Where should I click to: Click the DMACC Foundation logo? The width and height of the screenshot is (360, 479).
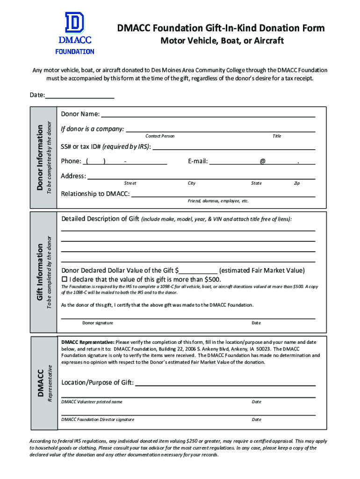coord(75,33)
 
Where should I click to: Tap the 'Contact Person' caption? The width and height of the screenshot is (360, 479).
coord(160,136)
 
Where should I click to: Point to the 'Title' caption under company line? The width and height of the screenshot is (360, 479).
coord(277,136)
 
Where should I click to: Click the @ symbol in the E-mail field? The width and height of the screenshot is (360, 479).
coord(263,161)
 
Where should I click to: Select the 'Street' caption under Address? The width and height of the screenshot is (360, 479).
coord(130,183)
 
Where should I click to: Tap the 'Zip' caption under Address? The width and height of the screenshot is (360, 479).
coord(296,183)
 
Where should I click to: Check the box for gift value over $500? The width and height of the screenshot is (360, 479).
coord(65,279)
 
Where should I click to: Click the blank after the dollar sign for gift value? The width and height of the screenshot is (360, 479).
coord(198,271)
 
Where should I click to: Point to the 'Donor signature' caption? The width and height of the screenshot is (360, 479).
coord(98,323)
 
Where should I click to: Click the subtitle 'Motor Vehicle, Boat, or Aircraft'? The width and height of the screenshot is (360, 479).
coord(222,41)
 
